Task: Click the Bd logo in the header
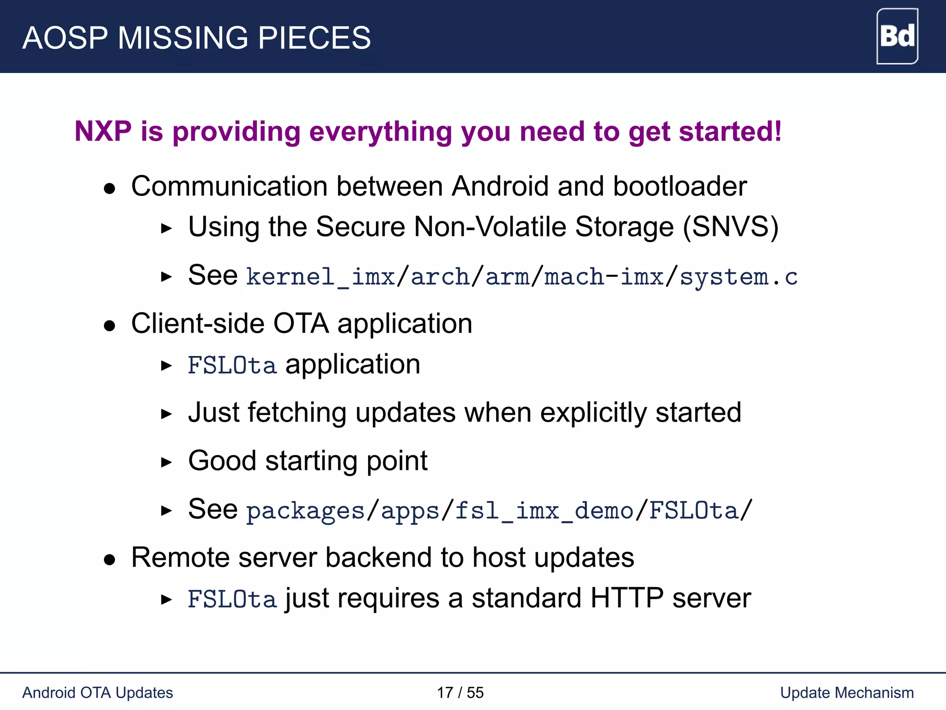tap(897, 37)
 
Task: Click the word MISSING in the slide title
tap(183, 38)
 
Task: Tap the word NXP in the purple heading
tap(103, 131)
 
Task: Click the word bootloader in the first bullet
tap(679, 186)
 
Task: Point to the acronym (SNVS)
tap(731, 227)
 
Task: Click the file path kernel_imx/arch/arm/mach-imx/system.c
tap(522, 277)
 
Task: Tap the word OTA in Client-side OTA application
tap(301, 323)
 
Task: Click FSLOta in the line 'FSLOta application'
tap(232, 365)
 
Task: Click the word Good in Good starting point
tap(222, 461)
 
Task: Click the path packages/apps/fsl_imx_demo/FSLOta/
tap(499, 510)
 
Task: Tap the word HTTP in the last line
tap(627, 598)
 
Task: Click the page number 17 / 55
tap(460, 692)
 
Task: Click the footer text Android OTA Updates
tap(97, 692)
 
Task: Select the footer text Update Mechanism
tap(847, 692)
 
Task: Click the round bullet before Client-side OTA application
tap(109, 326)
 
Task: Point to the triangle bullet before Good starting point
tap(166, 462)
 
